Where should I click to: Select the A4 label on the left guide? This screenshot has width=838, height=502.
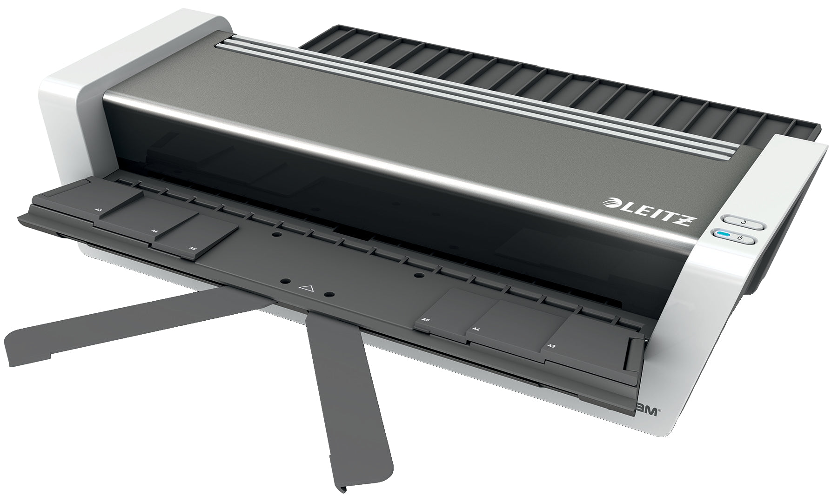pyautogui.click(x=154, y=231)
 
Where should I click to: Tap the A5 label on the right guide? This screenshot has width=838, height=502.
pyautogui.click(x=425, y=320)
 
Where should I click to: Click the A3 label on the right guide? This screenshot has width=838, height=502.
pyautogui.click(x=552, y=345)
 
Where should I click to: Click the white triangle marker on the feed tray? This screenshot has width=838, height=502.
pyautogui.click(x=306, y=288)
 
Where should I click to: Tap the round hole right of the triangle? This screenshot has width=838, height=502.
pyautogui.click(x=328, y=295)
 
